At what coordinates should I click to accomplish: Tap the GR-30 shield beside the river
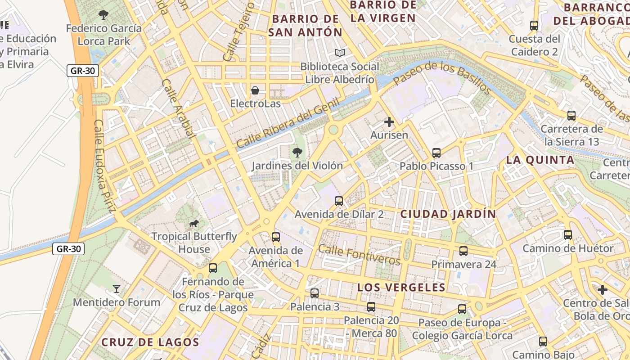click(x=68, y=248)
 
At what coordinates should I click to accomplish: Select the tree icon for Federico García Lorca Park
click(x=103, y=15)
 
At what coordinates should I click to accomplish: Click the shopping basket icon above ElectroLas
click(x=255, y=90)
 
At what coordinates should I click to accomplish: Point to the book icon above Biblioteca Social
click(x=340, y=53)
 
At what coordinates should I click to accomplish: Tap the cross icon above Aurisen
click(x=389, y=122)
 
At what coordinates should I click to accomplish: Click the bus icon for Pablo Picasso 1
click(x=436, y=153)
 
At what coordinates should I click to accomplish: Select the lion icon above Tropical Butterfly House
click(x=194, y=224)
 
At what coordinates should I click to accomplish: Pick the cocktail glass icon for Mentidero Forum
click(x=117, y=289)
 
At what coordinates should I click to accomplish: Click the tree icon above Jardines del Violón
click(x=297, y=153)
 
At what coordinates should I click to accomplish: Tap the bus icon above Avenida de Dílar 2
click(x=339, y=201)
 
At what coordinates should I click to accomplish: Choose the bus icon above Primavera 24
click(x=463, y=251)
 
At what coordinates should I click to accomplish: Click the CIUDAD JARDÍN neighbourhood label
click(x=448, y=214)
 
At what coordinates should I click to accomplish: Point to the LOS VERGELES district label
click(x=401, y=288)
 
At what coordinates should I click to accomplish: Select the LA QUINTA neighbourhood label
click(x=540, y=160)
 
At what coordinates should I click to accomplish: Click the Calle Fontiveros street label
click(x=359, y=255)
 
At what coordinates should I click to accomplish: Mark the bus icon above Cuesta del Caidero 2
click(x=534, y=26)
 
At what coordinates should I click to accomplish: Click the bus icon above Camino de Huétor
click(x=567, y=235)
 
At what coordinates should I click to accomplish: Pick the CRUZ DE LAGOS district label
click(x=150, y=342)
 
